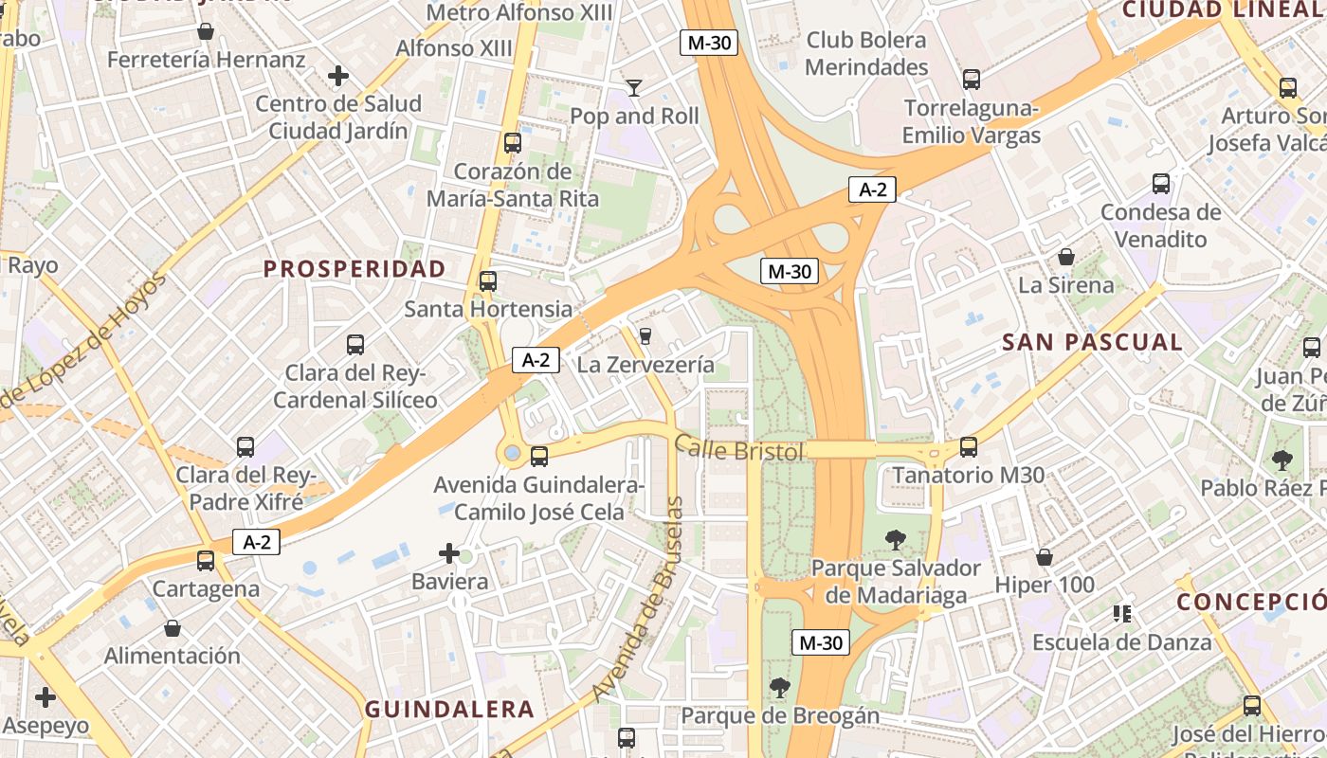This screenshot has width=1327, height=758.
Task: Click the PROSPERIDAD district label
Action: pyautogui.click(x=354, y=269)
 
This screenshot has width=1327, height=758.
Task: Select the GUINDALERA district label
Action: pyautogui.click(x=449, y=710)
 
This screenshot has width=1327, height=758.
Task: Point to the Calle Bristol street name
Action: pyautogui.click(x=739, y=449)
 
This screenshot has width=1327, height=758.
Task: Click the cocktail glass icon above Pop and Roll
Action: pyautogui.click(x=634, y=88)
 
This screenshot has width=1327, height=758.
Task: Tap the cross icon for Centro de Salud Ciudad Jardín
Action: pyautogui.click(x=337, y=76)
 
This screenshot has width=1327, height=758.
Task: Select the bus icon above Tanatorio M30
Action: pyautogui.click(x=968, y=446)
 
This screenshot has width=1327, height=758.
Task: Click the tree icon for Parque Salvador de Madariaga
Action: pyautogui.click(x=894, y=540)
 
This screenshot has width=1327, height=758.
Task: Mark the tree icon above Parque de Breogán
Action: pyautogui.click(x=780, y=687)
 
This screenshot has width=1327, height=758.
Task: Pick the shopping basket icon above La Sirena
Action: pyautogui.click(x=1066, y=257)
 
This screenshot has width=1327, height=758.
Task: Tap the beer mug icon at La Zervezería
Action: pyautogui.click(x=645, y=335)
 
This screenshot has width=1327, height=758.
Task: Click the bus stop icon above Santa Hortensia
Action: pyautogui.click(x=488, y=280)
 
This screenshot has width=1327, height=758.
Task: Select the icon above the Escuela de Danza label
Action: pyautogui.click(x=1122, y=614)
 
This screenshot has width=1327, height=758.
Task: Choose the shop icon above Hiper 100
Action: pyautogui.click(x=1045, y=557)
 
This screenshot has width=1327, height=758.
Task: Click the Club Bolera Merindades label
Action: pyautogui.click(x=866, y=54)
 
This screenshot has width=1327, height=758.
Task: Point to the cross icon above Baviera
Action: pyautogui.click(x=449, y=553)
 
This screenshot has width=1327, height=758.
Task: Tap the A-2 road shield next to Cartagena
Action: pyautogui.click(x=257, y=542)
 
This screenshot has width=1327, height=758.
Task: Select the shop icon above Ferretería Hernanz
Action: pyautogui.click(x=206, y=32)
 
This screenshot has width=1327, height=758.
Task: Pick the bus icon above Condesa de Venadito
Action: pyautogui.click(x=1160, y=184)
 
